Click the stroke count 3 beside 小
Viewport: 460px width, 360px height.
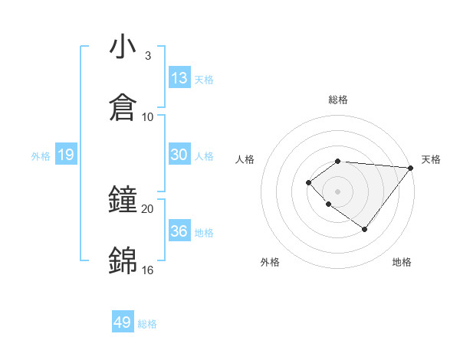point(147,56)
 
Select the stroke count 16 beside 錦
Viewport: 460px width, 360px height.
point(147,270)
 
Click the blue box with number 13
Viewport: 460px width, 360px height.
point(179,78)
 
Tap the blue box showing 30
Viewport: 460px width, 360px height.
point(179,155)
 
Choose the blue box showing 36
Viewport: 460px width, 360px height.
point(179,231)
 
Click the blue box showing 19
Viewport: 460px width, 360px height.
point(65,155)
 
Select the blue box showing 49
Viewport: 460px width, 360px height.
point(123,322)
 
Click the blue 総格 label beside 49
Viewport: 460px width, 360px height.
point(147,324)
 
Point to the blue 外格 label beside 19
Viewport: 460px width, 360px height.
point(41,156)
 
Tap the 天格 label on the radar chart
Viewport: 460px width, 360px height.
point(431,159)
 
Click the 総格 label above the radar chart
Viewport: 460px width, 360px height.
point(338,100)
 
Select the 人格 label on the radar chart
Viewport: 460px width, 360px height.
point(245,159)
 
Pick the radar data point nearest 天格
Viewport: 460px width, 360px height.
point(411,168)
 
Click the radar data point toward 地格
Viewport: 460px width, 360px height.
point(365,229)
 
